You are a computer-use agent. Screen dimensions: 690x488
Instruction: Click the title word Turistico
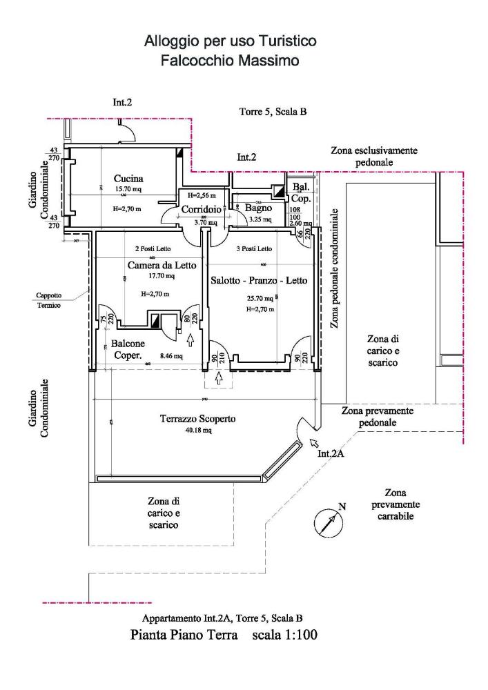[x=286, y=42]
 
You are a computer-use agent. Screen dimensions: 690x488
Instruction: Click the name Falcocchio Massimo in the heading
[x=230, y=61]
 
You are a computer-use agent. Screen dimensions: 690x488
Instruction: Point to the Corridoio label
[x=200, y=210]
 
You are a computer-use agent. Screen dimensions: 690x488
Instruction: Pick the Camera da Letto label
[x=162, y=265]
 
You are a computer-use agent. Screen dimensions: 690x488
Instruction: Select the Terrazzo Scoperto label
[x=198, y=419]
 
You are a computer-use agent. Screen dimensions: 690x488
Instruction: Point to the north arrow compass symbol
[x=327, y=521]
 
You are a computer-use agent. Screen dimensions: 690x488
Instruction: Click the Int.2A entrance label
[x=331, y=455]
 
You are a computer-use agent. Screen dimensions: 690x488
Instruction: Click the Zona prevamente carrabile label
[x=402, y=504]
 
